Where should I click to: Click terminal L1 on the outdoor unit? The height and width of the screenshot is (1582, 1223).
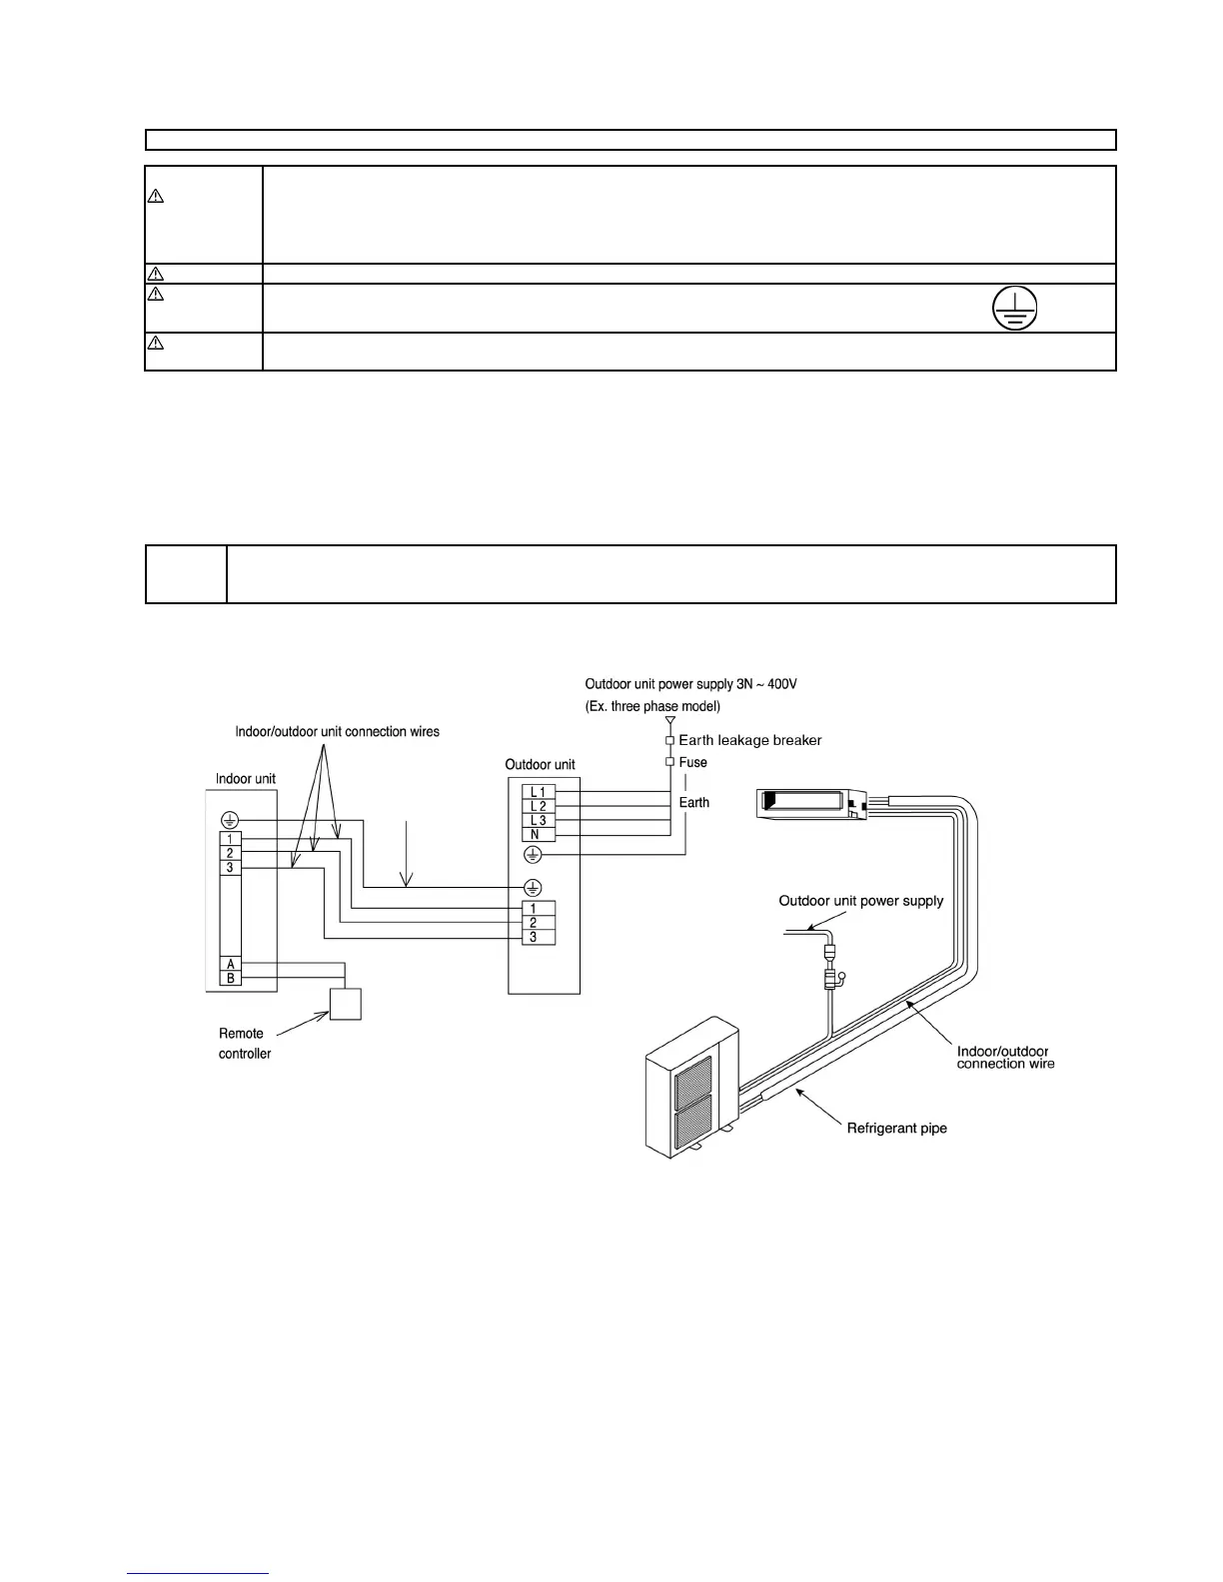tap(538, 792)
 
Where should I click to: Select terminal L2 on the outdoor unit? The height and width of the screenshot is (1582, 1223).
tap(538, 806)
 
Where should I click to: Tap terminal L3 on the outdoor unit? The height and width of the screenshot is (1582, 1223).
tap(538, 820)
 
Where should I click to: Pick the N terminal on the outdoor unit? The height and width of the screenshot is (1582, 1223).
tap(538, 834)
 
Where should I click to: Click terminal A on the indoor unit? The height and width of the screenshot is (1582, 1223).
tap(231, 964)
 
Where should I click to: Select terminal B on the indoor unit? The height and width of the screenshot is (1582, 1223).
tap(231, 979)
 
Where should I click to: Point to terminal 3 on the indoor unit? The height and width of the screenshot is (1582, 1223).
tap(230, 868)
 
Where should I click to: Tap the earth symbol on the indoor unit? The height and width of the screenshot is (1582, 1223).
tap(230, 820)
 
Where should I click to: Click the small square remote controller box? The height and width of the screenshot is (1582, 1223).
tap(346, 1004)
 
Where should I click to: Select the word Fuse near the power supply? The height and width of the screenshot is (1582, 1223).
tap(692, 762)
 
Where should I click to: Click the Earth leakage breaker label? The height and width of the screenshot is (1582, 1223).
tap(749, 740)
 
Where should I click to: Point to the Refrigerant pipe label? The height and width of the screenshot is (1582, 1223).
tap(896, 1129)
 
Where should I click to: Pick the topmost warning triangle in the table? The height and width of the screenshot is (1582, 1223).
tap(156, 196)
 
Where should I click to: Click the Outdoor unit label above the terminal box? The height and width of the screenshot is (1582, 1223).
tap(540, 765)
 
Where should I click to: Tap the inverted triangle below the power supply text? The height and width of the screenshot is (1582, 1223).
tap(670, 719)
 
